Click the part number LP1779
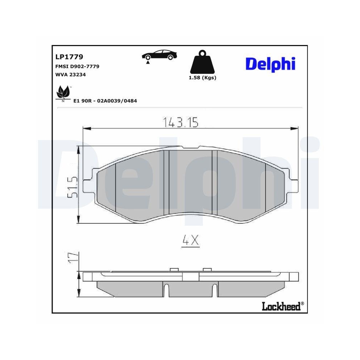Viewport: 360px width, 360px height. (69, 57)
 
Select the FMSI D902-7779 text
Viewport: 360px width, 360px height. (77, 66)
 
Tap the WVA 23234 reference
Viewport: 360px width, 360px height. (70, 75)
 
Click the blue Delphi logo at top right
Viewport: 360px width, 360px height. (270, 64)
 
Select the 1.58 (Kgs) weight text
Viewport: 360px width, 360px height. (202, 78)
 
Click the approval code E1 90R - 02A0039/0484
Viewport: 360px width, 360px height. (105, 101)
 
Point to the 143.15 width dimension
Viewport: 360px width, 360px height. (181, 122)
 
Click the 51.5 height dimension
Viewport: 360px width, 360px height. (73, 186)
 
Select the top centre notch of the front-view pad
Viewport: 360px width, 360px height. (190, 147)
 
